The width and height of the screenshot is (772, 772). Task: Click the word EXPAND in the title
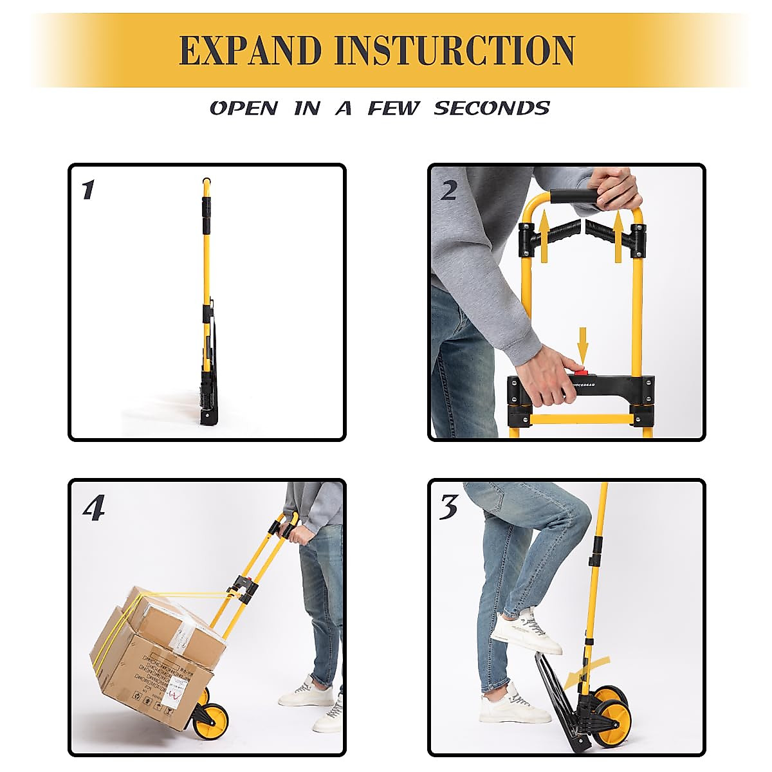[250, 50]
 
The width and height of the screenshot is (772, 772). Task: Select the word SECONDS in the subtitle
[492, 108]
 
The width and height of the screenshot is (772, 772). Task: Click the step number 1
[88, 190]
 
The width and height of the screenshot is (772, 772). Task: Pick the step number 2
[448, 190]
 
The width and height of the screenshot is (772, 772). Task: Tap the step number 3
[448, 508]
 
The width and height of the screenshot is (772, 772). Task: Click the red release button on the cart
[581, 371]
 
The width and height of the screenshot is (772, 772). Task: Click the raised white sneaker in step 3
[526, 632]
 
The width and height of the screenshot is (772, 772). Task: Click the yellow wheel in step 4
[213, 719]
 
